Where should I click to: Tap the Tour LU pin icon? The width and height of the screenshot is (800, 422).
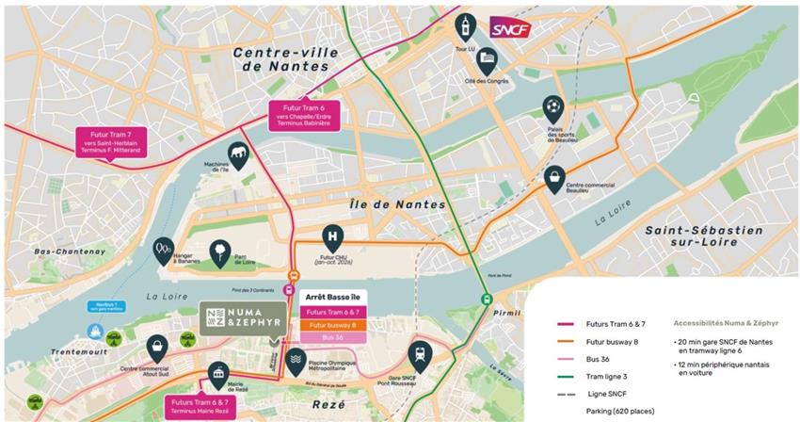[x=464, y=24]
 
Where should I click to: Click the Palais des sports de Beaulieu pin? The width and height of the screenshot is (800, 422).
[x=552, y=109]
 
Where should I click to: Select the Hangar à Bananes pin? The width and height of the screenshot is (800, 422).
[x=163, y=250]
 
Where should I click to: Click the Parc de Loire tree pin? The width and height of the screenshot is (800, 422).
[x=217, y=251]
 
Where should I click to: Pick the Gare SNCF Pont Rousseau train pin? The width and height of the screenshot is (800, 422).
[x=418, y=353]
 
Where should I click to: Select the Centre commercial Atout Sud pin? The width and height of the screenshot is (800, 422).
[x=157, y=346]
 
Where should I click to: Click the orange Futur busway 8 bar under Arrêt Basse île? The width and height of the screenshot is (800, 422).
[x=330, y=324]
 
